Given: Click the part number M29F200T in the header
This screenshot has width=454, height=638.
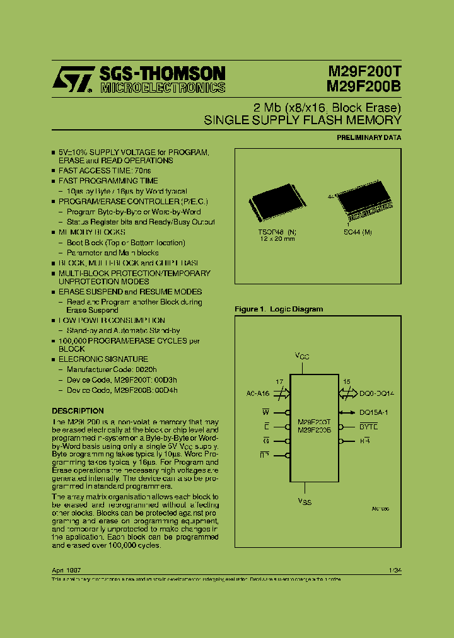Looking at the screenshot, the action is tap(364, 74).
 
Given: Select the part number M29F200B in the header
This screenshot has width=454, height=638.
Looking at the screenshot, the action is tap(364, 86).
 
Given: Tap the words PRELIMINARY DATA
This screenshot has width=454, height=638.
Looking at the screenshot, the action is tap(369, 137).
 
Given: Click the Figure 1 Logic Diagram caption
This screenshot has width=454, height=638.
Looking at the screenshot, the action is tap(279, 310).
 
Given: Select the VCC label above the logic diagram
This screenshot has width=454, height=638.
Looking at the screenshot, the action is tap(303, 356).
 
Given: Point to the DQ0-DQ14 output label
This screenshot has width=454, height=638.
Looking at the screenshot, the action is tap(377, 393).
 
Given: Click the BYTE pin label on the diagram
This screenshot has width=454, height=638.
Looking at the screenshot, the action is tap(368, 426).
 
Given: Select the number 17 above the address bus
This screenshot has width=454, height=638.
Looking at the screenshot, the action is tap(279, 381).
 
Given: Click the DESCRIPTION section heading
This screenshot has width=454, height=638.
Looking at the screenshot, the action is tap(78, 411).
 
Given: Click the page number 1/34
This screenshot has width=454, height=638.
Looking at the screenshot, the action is tap(395, 570).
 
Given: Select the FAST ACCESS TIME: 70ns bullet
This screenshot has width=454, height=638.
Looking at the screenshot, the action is tap(105, 170).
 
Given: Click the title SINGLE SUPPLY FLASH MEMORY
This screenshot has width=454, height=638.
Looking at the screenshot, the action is tap(303, 120).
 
